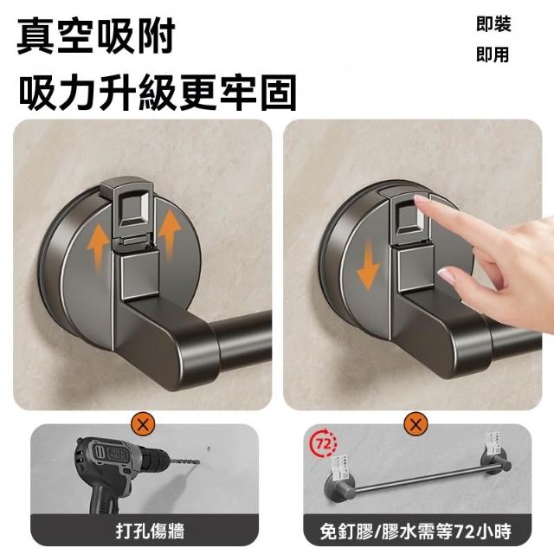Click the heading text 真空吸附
pyautogui.click(x=96, y=36)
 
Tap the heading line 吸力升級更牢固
pyautogui.click(x=158, y=93)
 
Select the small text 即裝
pyautogui.click(x=493, y=25)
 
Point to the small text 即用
pyautogui.click(x=493, y=55)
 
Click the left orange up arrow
pyautogui.click(x=98, y=248)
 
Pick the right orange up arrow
pyautogui.click(x=170, y=234)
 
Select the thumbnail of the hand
pyautogui.click(x=445, y=275)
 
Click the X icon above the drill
pyautogui.click(x=143, y=424)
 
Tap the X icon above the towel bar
pyautogui.click(x=415, y=424)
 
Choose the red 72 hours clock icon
pyautogui.click(x=323, y=442)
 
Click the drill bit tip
pyautogui.click(x=198, y=461)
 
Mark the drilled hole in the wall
pyautogui.click(x=209, y=448)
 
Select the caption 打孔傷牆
pyautogui.click(x=150, y=531)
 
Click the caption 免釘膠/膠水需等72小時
pyautogui.click(x=415, y=531)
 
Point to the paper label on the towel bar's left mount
pyautogui.click(x=339, y=466)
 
